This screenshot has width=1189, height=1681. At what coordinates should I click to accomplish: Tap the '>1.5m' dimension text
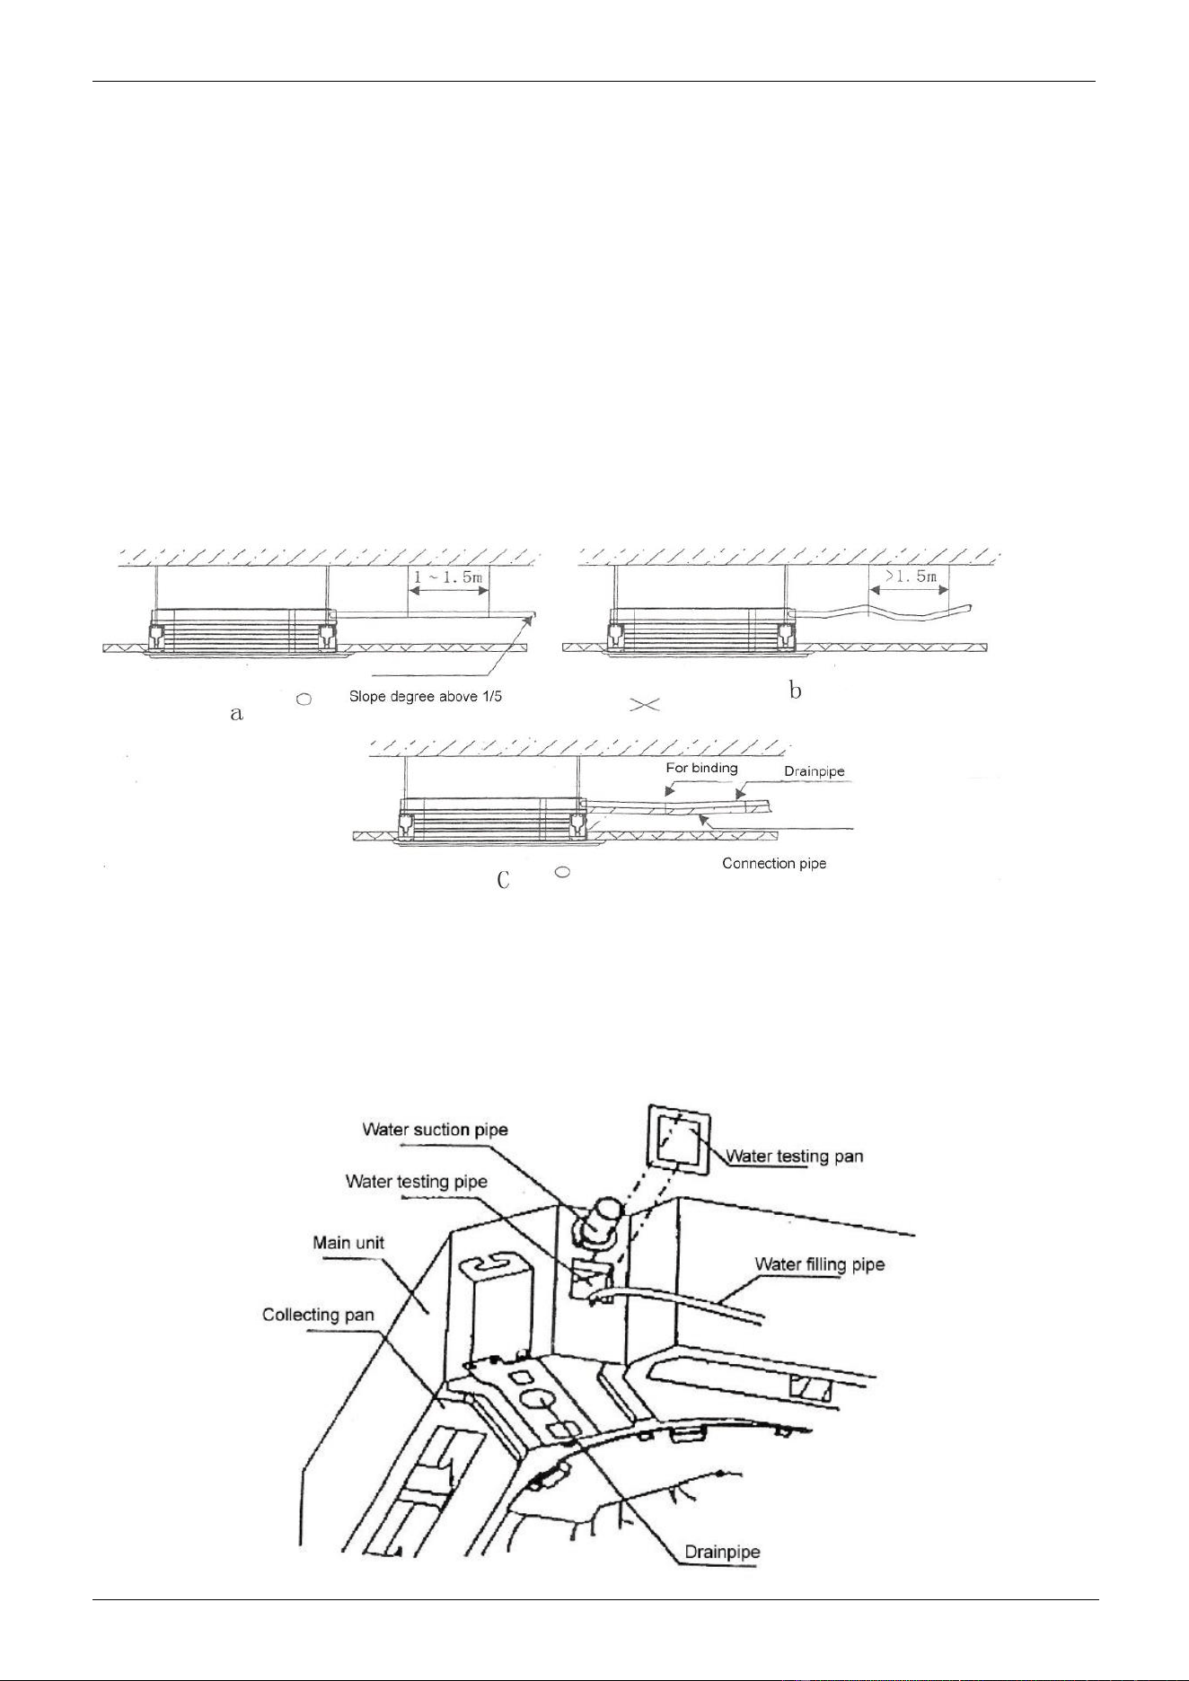(909, 576)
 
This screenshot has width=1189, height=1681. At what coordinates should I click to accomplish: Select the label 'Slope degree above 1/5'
(426, 697)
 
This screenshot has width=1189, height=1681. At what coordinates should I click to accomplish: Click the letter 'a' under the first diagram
(236, 714)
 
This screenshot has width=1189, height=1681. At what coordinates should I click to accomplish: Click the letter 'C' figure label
(504, 880)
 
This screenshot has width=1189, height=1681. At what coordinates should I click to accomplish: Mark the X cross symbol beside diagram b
(646, 706)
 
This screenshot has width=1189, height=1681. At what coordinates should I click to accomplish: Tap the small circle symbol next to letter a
(304, 699)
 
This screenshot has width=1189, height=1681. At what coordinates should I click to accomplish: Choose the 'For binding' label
(701, 768)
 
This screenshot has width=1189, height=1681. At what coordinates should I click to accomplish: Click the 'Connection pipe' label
(774, 864)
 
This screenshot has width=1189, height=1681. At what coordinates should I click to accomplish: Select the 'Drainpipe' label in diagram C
(815, 771)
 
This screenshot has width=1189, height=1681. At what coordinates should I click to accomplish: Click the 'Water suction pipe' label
(435, 1129)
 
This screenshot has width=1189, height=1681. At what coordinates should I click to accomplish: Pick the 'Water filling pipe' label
(820, 1264)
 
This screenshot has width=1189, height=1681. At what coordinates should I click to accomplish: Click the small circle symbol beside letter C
(562, 871)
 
